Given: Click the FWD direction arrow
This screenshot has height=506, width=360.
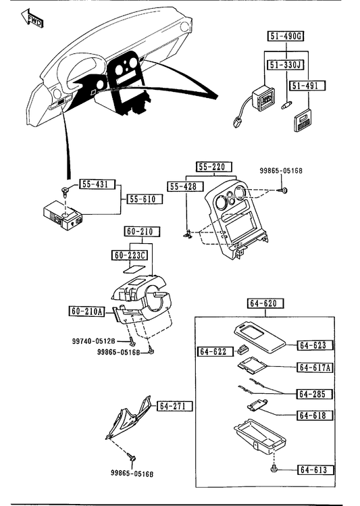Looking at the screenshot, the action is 32,18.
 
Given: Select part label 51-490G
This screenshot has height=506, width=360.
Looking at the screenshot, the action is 286,36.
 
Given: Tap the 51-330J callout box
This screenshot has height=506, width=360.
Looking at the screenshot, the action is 286,65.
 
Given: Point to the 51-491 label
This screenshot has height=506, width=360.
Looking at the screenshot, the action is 308,86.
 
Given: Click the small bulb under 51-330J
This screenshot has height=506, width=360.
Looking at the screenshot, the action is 286,105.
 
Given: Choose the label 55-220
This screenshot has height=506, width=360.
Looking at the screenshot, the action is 214,167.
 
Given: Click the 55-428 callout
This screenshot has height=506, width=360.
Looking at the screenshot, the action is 186,186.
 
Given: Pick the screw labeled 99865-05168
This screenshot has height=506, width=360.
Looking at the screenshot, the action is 284,191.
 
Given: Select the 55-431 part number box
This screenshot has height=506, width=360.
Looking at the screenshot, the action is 97,184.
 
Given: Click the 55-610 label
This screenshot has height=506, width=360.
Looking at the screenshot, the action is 145,199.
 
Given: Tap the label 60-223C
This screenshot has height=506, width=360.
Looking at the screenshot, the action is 130,255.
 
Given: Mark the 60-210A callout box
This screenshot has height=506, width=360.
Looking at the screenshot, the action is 86,311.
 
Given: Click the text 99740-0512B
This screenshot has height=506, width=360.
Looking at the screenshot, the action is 94,341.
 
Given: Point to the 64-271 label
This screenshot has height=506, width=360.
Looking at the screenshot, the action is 174,406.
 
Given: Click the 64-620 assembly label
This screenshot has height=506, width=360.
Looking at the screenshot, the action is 266,303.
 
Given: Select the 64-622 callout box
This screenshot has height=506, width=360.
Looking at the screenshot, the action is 215,351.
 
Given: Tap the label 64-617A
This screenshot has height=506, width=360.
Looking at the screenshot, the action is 315,368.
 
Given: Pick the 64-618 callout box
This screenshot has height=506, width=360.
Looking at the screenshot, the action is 315,415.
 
